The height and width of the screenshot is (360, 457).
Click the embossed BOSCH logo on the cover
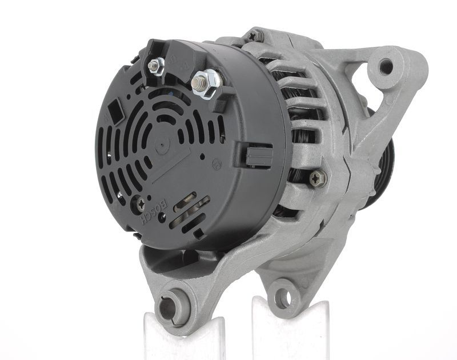click(154, 211)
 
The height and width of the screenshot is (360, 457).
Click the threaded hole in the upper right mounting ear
click(386, 66)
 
